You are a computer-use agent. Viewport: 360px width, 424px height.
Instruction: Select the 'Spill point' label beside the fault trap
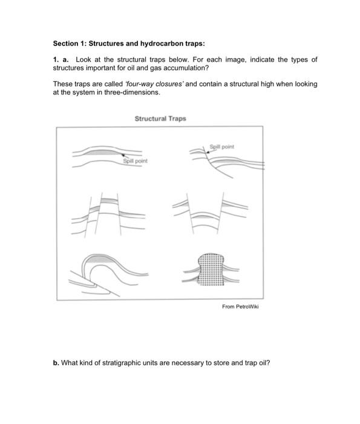pyautogui.click(x=221, y=147)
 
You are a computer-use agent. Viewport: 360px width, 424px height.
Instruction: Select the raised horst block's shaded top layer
pyautogui.click(x=109, y=200)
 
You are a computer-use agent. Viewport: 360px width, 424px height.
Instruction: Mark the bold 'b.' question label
pyautogui.click(x=56, y=363)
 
